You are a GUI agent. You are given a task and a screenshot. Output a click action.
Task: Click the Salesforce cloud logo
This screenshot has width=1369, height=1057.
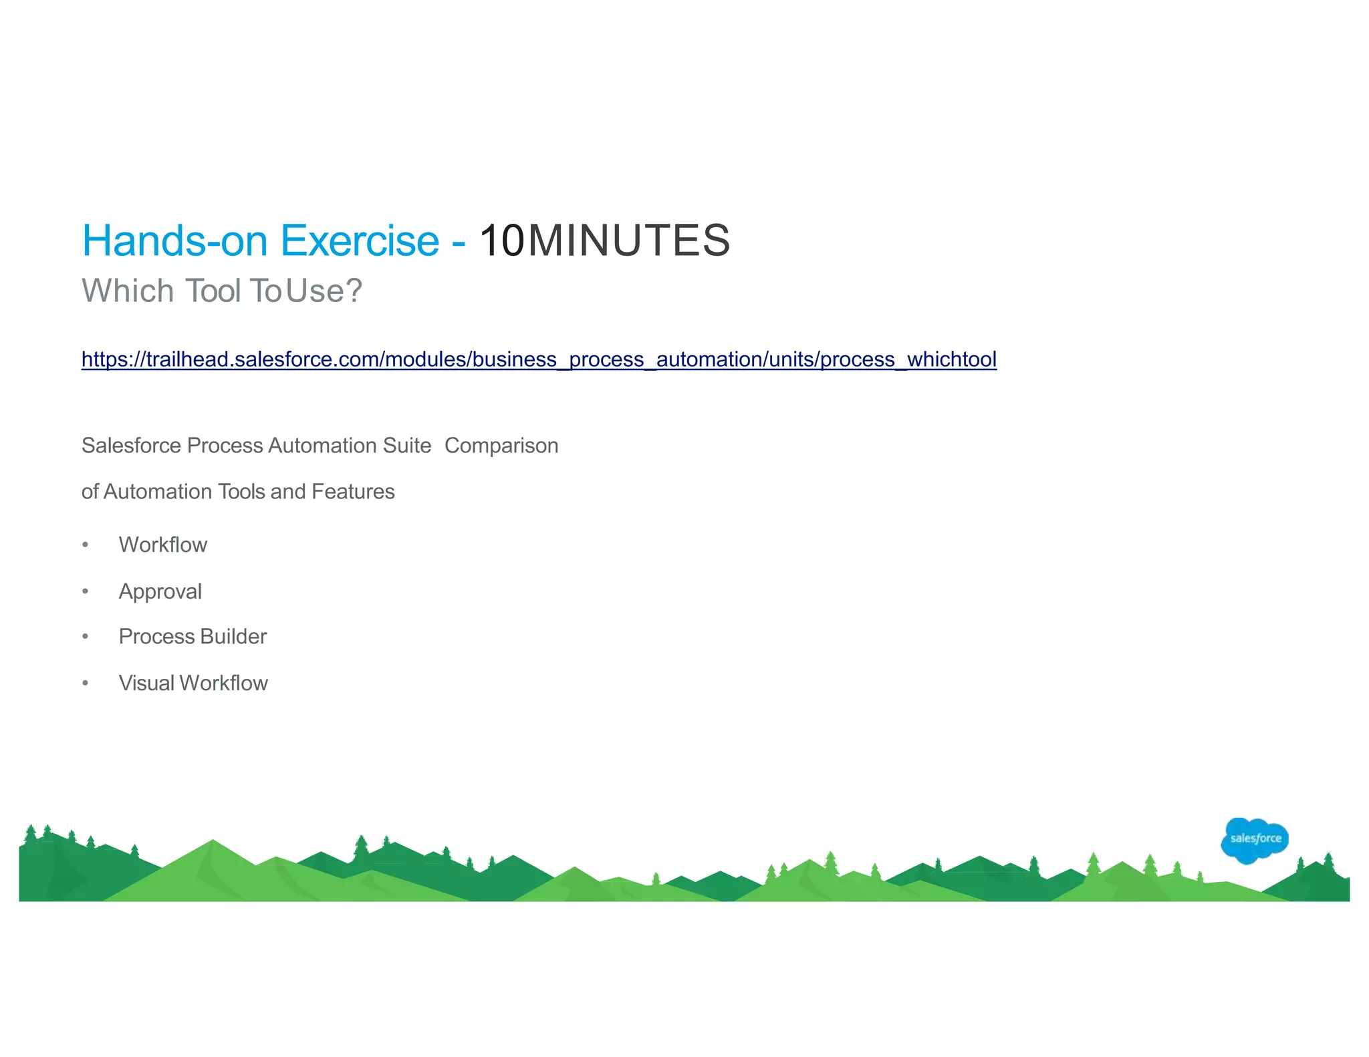pyautogui.click(x=1254, y=840)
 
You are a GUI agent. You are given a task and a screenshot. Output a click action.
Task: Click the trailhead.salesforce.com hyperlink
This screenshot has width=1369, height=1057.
pyautogui.click(x=539, y=359)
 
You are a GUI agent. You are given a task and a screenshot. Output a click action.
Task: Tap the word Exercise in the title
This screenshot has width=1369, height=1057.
pyautogui.click(x=360, y=241)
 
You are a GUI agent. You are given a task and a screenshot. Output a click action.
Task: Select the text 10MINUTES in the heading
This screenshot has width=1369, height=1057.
pyautogui.click(x=604, y=241)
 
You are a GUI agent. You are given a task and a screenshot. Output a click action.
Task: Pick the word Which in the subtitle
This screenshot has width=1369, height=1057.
pyautogui.click(x=128, y=291)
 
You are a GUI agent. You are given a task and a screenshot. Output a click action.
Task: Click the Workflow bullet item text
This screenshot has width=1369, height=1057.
pyautogui.click(x=163, y=545)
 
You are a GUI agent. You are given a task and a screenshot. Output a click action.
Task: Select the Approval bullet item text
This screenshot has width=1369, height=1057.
pyautogui.click(x=160, y=592)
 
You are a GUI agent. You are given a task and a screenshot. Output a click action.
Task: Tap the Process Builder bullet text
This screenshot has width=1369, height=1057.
pyautogui.click(x=193, y=637)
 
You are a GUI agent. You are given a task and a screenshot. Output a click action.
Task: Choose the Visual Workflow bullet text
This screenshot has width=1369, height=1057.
pyautogui.click(x=193, y=684)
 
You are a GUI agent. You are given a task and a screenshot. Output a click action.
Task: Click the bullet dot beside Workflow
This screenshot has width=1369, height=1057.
pyautogui.click(x=85, y=545)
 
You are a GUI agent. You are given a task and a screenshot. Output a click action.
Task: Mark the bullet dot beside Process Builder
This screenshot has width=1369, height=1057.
pyautogui.click(x=85, y=637)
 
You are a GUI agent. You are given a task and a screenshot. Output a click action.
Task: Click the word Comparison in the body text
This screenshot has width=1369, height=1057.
pyautogui.click(x=501, y=446)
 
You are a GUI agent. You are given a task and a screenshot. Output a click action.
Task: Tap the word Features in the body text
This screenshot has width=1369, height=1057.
pyautogui.click(x=353, y=492)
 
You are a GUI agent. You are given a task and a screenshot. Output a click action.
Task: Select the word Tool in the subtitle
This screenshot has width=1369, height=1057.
pyautogui.click(x=213, y=291)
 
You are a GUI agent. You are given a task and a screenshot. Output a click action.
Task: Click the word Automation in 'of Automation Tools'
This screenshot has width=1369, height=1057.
pyautogui.click(x=158, y=492)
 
